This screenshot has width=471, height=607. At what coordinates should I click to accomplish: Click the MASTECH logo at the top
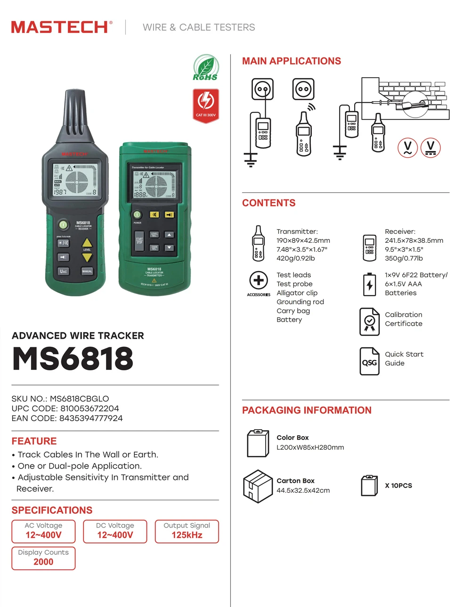[62, 27]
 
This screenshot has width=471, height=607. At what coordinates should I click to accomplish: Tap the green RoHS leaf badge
[205, 68]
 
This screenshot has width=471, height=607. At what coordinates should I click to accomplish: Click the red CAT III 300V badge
[206, 105]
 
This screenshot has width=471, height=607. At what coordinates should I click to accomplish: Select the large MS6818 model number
[73, 359]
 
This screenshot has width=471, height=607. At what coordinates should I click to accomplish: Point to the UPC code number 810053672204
[89, 408]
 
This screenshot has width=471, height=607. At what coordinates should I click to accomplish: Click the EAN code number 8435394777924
[91, 418]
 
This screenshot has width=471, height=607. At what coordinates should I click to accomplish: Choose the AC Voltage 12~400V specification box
[43, 531]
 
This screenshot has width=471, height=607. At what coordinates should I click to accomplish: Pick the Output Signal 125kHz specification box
[187, 531]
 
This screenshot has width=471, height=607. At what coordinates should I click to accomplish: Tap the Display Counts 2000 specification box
[43, 558]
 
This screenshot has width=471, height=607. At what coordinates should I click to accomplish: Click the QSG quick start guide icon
[369, 361]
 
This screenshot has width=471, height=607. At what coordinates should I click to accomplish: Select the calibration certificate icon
[369, 322]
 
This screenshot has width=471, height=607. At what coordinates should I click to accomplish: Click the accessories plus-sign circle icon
[259, 280]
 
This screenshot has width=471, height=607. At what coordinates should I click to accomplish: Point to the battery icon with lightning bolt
[370, 285]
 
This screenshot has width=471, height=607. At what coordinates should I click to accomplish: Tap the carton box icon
[258, 486]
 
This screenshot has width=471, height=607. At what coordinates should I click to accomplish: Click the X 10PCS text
[398, 486]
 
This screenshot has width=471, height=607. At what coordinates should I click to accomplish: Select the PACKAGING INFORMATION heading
[307, 410]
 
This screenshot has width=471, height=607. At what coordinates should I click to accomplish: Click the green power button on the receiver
[63, 224]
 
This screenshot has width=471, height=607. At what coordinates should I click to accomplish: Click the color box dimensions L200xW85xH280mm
[310, 447]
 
